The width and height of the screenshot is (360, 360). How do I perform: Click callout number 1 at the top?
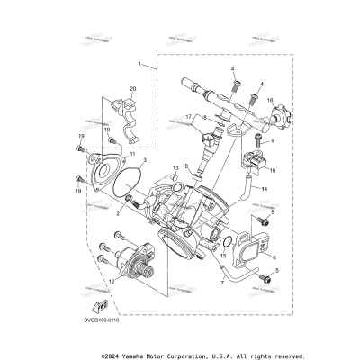(x=140, y=65)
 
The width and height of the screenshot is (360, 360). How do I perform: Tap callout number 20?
(x=133, y=88)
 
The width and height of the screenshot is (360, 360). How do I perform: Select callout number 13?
(x=175, y=168)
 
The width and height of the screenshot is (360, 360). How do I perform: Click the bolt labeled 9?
(x=260, y=138)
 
